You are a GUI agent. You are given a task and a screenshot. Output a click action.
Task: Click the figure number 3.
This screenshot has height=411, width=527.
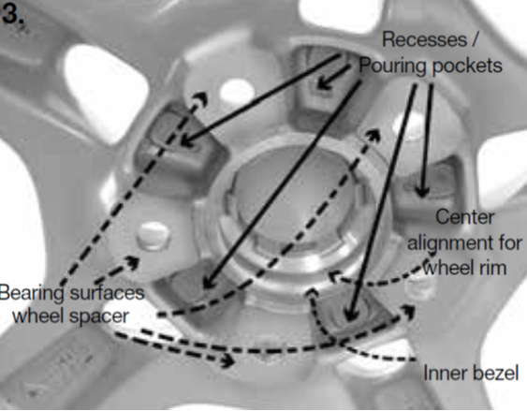[13, 14]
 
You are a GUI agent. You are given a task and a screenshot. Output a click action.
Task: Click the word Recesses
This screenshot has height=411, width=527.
[425, 39]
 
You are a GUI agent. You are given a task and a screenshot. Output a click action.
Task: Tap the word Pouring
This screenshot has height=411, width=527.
[393, 66]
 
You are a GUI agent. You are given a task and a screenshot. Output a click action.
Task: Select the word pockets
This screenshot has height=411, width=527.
[467, 66]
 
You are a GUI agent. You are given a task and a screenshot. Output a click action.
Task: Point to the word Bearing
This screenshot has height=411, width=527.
[32, 293]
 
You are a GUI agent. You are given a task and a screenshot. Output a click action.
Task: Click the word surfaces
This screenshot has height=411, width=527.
[108, 293]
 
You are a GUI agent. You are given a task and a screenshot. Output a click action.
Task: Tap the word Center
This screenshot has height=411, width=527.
[465, 217]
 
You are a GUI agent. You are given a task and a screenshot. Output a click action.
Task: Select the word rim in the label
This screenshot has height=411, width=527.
[493, 268]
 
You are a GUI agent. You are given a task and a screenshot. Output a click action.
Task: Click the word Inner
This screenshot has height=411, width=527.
[440, 373]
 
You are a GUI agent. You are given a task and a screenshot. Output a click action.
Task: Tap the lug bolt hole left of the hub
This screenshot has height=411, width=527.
[153, 236]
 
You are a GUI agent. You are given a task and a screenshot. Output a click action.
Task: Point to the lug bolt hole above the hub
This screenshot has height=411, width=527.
[237, 91]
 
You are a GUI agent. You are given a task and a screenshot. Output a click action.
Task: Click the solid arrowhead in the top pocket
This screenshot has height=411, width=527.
[323, 83]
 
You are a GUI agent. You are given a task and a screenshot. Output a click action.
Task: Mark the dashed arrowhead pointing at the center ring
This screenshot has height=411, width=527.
[334, 276]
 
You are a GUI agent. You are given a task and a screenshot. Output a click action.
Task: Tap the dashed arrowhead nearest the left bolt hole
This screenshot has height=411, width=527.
[133, 262]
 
